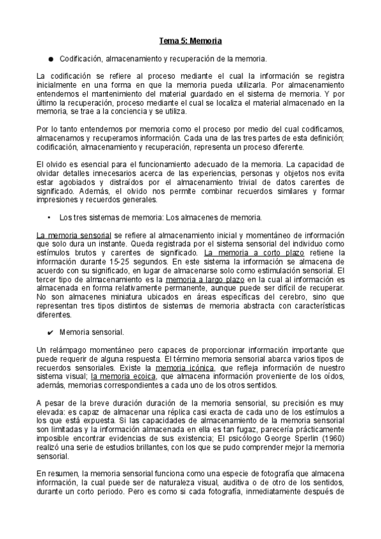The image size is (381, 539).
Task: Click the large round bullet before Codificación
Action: click(x=50, y=58)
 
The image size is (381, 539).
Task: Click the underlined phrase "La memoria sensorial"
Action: click(x=74, y=235)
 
